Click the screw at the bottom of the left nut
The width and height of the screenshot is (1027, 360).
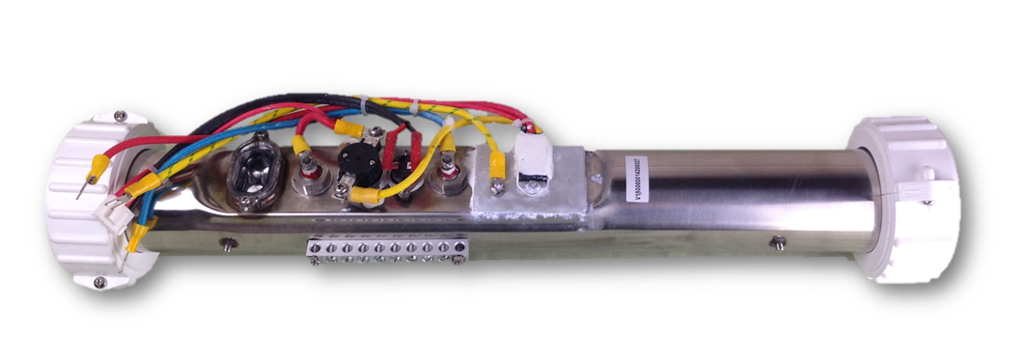click(100, 282)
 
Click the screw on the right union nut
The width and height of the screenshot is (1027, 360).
click(929, 203)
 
